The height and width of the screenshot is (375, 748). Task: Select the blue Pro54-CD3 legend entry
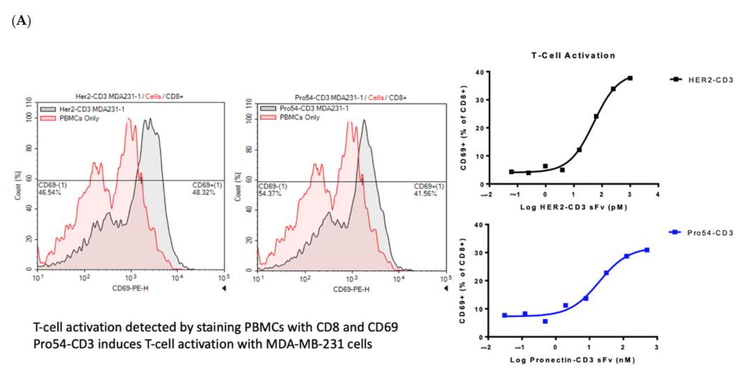coord(710,233)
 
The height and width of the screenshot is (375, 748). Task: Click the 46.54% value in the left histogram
coord(50,192)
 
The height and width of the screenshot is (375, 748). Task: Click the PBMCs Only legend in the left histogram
coord(79,118)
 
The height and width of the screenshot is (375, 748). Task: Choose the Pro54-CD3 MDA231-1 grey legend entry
coord(314,108)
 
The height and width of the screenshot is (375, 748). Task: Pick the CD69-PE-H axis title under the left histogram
coord(130,288)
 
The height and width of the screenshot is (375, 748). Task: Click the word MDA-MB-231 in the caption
coord(299,344)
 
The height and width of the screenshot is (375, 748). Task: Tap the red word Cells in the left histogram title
coord(153,97)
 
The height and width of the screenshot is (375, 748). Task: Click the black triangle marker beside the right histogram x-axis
coord(446,288)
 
